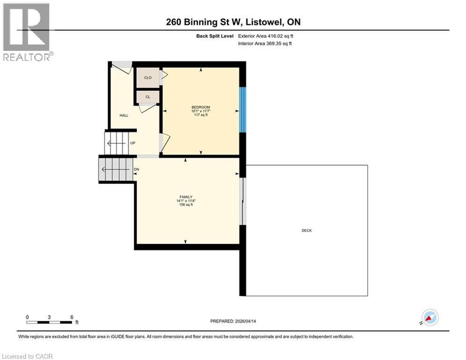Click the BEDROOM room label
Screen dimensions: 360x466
[200, 107]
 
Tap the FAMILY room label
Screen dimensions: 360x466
[185, 197]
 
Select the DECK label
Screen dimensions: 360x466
[307, 231]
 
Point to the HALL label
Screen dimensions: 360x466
[124, 115]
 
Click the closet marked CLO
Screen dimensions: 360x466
[148, 78]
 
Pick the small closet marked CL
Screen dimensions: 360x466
[148, 97]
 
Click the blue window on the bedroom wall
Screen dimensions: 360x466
[242, 110]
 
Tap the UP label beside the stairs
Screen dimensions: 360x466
[133, 143]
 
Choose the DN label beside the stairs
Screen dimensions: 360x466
[136, 169]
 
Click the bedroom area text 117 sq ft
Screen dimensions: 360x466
[200, 115]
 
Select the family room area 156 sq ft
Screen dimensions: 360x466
[185, 205]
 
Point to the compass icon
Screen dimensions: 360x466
[429, 317]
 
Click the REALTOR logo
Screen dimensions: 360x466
[27, 32]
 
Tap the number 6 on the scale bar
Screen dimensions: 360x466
[72, 317]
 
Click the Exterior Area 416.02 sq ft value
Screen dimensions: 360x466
[266, 36]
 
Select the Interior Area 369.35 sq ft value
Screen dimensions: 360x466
[266, 44]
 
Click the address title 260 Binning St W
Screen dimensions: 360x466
[233, 22]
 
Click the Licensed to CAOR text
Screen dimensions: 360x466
[28, 356]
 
